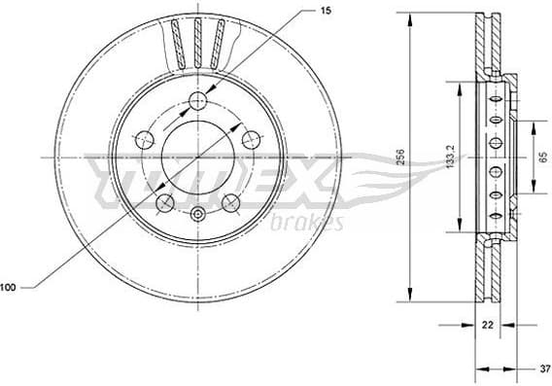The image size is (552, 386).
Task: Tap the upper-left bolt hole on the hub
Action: [x=145, y=137]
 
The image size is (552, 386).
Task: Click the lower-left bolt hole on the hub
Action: [x=165, y=202]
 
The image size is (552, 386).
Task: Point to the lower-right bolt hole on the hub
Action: [x=231, y=202]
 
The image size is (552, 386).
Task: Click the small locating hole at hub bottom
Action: [x=198, y=216]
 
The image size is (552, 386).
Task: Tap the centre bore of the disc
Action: [x=198, y=156]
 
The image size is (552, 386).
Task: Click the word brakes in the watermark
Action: [x=311, y=224]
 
